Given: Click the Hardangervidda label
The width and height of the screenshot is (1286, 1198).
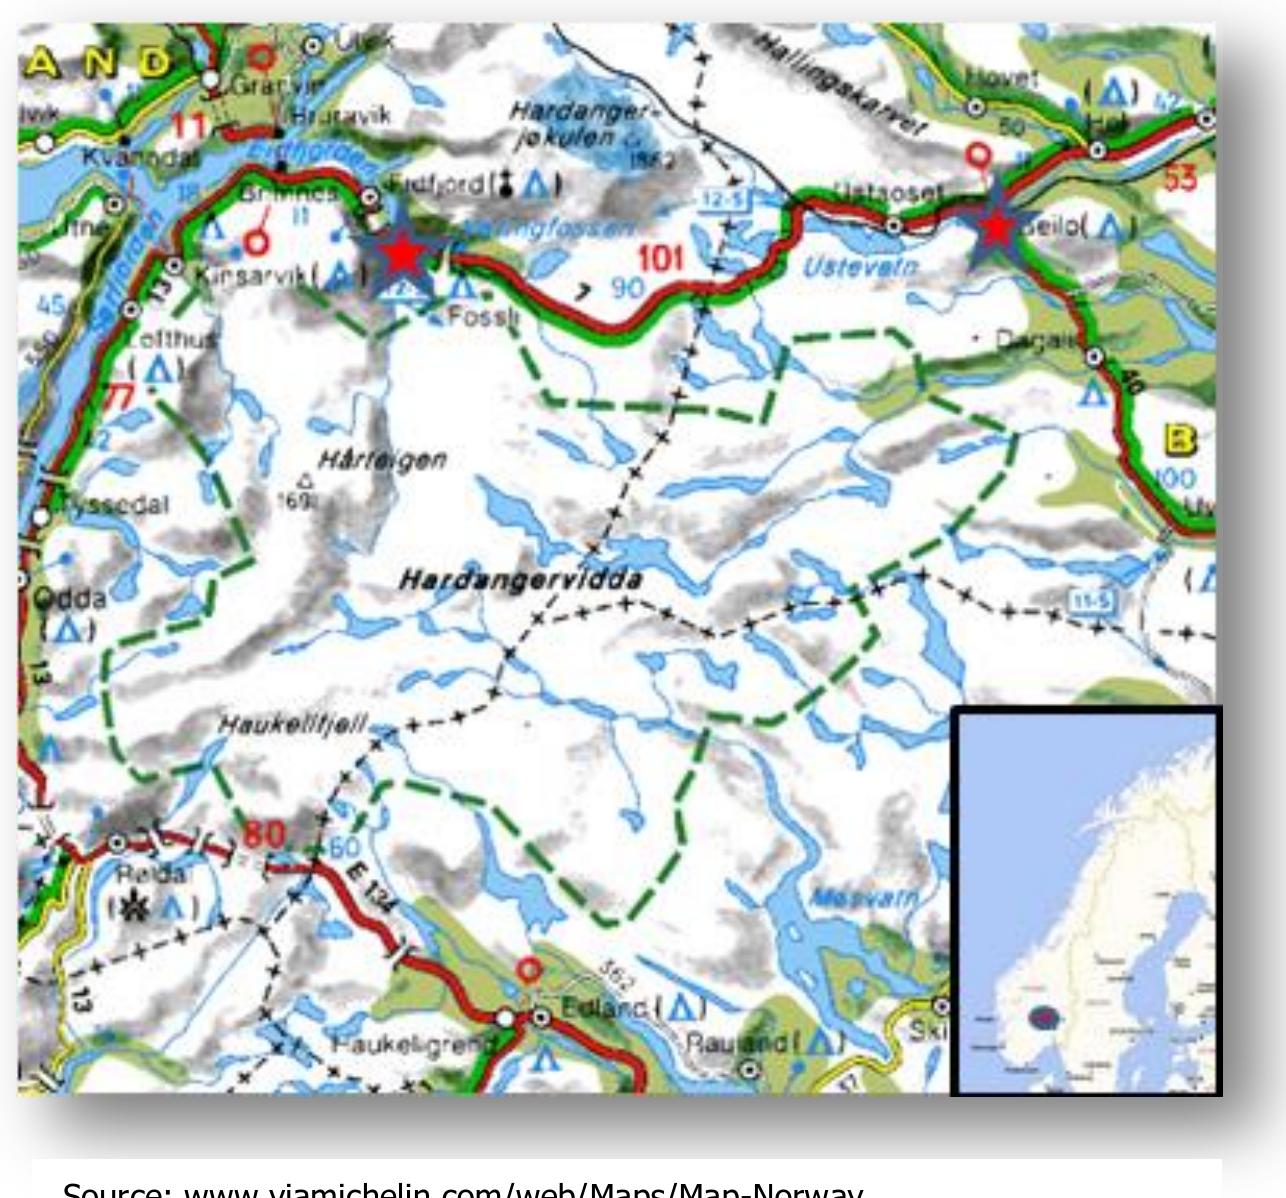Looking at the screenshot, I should click(x=520, y=580).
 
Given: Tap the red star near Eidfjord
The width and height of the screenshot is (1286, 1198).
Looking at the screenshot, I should click(x=402, y=255).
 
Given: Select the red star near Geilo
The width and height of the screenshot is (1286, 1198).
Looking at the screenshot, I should click(x=997, y=228).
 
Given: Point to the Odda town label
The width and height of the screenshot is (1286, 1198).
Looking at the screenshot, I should click(x=69, y=599).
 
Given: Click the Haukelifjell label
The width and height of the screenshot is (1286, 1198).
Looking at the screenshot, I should click(x=293, y=723).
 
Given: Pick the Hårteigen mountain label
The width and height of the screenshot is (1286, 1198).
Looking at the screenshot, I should click(x=382, y=460).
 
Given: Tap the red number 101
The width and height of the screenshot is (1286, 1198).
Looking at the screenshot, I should click(x=661, y=259).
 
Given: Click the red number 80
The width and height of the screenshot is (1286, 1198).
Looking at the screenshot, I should click(x=264, y=833).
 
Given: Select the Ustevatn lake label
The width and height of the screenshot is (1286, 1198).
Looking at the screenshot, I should click(x=861, y=267).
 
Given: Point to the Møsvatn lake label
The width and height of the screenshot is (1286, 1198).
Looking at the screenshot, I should click(x=862, y=897).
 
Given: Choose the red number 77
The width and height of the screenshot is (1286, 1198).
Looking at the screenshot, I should click(x=119, y=398).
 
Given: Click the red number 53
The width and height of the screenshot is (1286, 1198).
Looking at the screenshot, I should click(x=1179, y=179).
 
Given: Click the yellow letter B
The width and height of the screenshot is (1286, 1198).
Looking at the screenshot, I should click(x=1182, y=439).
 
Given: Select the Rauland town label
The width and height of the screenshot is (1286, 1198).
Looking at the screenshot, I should click(x=735, y=1042).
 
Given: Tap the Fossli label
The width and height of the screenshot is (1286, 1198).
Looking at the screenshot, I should click(x=483, y=317).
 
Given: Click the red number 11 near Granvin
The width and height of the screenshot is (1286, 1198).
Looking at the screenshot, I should click(x=193, y=126).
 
